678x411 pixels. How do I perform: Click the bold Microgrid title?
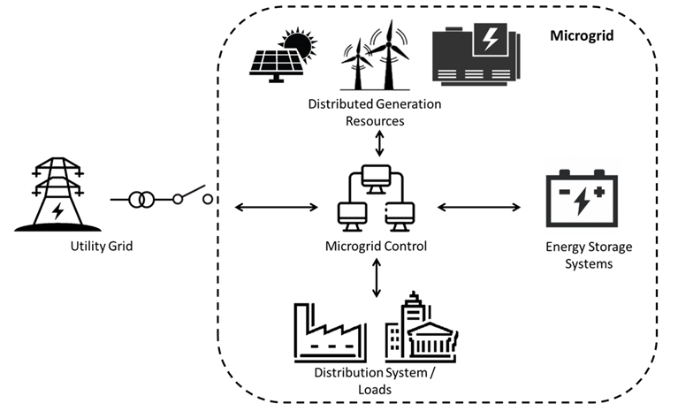[x=582, y=35]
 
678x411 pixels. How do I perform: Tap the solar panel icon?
[x=276, y=66]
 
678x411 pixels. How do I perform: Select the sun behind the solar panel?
[x=299, y=43]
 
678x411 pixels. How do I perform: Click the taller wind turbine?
[x=389, y=56]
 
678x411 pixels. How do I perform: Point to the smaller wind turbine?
[x=358, y=65]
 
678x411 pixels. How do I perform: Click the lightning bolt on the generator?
[x=490, y=39]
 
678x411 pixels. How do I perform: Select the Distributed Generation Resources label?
[x=375, y=112]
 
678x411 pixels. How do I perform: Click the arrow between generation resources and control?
[x=379, y=143]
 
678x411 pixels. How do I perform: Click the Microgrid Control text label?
[x=376, y=247]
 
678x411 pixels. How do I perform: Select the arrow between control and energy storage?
[x=478, y=208]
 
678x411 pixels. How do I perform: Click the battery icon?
[x=582, y=198]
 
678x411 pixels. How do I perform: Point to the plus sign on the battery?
[x=598, y=192]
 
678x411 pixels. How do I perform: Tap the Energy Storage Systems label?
[x=589, y=255]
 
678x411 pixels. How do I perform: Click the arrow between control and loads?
[x=377, y=278]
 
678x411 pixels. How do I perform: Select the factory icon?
[x=331, y=332]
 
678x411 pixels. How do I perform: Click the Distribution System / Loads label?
[x=375, y=381]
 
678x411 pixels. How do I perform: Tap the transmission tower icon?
[x=58, y=194]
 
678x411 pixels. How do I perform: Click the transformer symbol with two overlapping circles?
[x=141, y=200]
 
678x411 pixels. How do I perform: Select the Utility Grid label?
[x=102, y=247]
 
